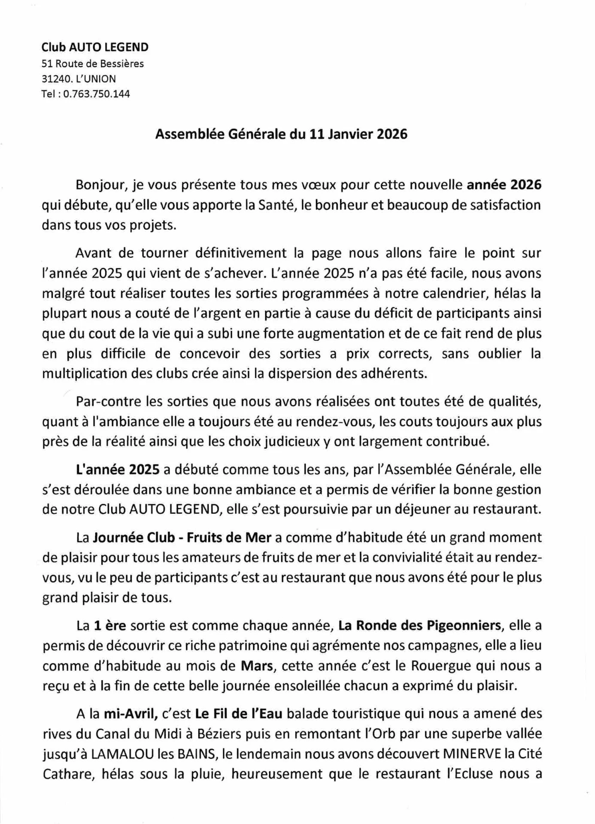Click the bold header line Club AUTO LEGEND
tap(95, 47)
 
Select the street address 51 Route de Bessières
tap(92, 64)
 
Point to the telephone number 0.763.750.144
tap(97, 94)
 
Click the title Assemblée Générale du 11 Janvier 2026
tap(281, 134)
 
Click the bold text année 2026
tap(504, 185)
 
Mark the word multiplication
tap(85, 374)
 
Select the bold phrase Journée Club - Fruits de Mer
tap(182, 537)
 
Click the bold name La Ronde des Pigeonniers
tap(420, 625)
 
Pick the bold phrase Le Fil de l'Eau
tap(239, 714)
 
